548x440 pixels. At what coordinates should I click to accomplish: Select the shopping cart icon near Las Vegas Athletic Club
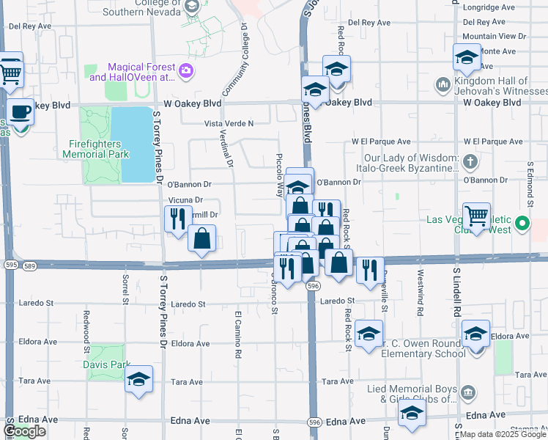tap(476, 216)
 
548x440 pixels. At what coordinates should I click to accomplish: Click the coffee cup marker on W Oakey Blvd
tap(21, 112)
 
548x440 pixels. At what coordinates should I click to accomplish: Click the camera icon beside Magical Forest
tap(186, 71)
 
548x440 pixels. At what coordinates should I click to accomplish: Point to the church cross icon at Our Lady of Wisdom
tap(470, 161)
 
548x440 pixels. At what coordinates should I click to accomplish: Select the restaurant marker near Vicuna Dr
tap(177, 219)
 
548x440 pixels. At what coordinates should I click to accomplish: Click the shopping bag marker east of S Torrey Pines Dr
tap(201, 238)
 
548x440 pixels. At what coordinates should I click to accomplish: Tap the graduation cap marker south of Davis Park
tap(138, 379)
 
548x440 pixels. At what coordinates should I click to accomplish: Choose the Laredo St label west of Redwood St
tap(30, 302)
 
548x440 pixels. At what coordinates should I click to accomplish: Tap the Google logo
tap(25, 431)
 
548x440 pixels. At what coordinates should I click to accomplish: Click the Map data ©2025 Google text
tap(502, 435)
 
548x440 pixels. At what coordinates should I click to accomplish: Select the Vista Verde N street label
tap(229, 123)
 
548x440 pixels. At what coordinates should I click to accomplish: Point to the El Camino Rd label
tap(238, 333)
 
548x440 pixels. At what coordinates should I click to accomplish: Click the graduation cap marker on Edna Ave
tap(412, 413)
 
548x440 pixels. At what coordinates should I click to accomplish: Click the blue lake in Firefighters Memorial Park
tap(137, 144)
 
